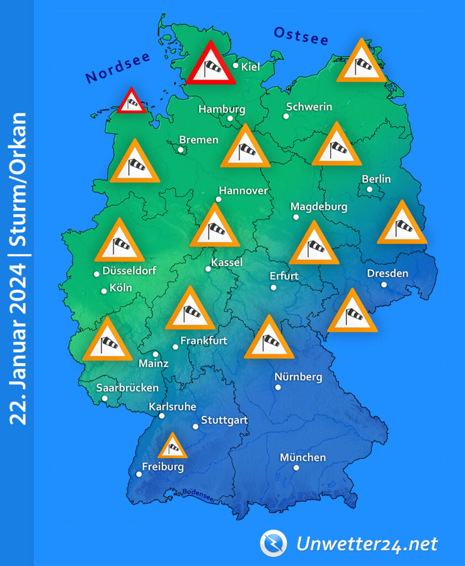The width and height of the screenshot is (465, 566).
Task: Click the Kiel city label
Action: pos(250,67)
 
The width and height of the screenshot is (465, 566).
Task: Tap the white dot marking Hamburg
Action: pos(230,118)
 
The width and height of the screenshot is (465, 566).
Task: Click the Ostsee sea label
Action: pos(301,36)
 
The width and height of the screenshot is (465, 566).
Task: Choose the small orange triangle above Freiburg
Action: pos(173,447)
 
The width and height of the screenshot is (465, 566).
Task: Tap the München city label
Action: pos(303,457)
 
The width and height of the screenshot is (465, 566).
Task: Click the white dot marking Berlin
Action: pos(369,190)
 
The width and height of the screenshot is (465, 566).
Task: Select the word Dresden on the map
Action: pos(388,274)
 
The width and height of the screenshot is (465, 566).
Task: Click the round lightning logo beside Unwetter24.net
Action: pos(273,543)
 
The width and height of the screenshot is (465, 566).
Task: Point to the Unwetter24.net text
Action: pos(367,544)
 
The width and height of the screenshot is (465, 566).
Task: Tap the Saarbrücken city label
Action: pos(127,387)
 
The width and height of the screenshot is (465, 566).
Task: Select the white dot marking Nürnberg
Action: pos(278,387)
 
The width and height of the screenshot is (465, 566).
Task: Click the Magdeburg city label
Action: pos(319,207)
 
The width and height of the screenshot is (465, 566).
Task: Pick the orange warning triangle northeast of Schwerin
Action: pos(361,62)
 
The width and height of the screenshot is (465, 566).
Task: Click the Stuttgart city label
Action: pos(224,421)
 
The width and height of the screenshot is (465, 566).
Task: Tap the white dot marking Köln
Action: pos(104,291)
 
